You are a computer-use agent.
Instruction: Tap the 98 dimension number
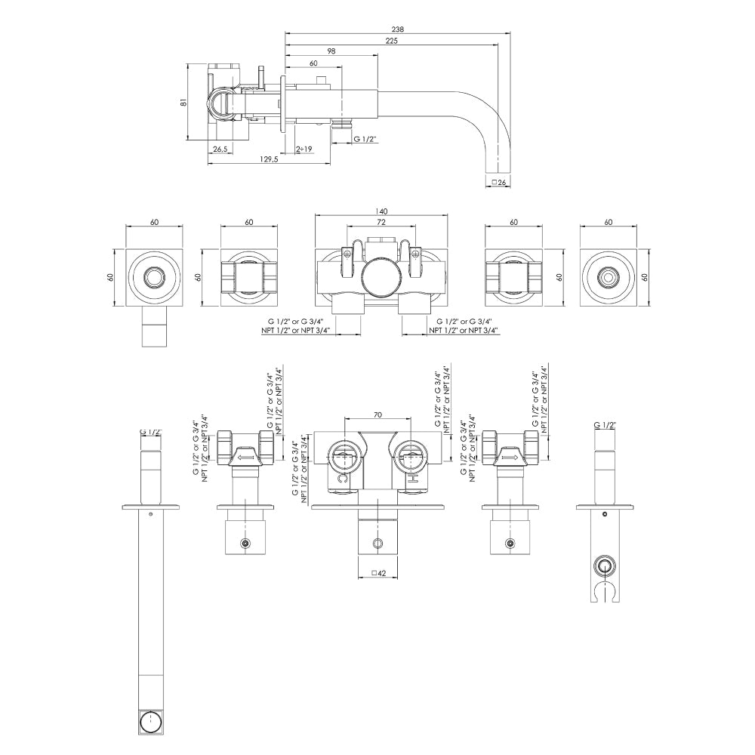pyautogui.click(x=331, y=52)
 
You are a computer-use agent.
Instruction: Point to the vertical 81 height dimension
pyautogui.click(x=183, y=102)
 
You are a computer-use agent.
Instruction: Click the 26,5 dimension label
pyautogui.click(x=220, y=149)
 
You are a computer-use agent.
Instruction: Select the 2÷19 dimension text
pyautogui.click(x=305, y=149)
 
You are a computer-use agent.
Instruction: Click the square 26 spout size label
pyautogui.click(x=498, y=182)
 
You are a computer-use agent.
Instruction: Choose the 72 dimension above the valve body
pyautogui.click(x=381, y=223)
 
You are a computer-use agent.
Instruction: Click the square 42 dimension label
pyautogui.click(x=380, y=574)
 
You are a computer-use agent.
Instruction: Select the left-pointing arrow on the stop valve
pyautogui.click(x=245, y=457)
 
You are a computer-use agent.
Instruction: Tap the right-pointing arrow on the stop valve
pyautogui.click(x=510, y=457)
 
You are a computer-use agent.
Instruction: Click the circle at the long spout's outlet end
pyautogui.click(x=153, y=721)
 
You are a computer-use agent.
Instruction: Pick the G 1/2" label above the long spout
pyautogui.click(x=151, y=432)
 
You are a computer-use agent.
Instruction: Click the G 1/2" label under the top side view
pyautogui.click(x=365, y=139)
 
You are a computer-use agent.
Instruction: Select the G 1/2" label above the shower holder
pyautogui.click(x=605, y=426)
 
